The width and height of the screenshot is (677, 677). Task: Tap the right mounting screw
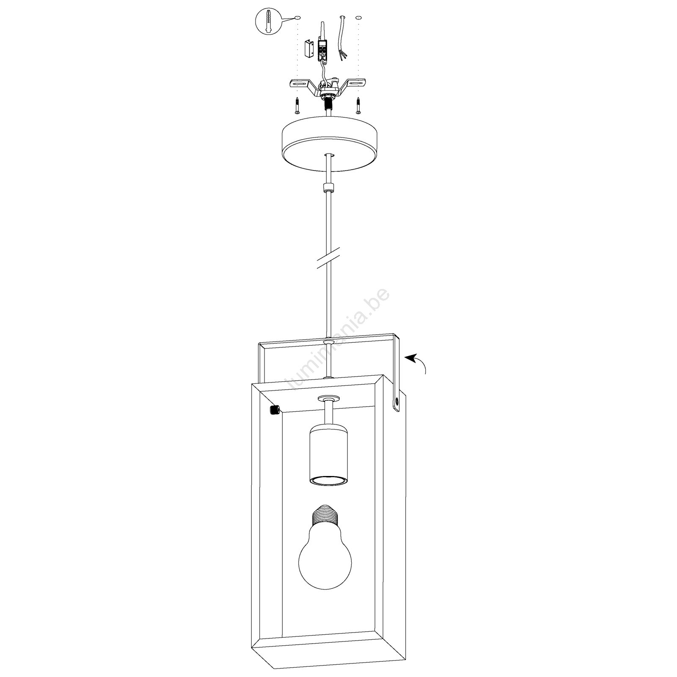pyautogui.click(x=359, y=106)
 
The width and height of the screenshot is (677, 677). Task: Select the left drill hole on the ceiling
pyautogui.click(x=297, y=18)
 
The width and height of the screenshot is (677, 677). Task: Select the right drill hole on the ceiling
pyautogui.click(x=358, y=18)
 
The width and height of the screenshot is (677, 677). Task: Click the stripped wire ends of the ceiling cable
pyautogui.click(x=343, y=55)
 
